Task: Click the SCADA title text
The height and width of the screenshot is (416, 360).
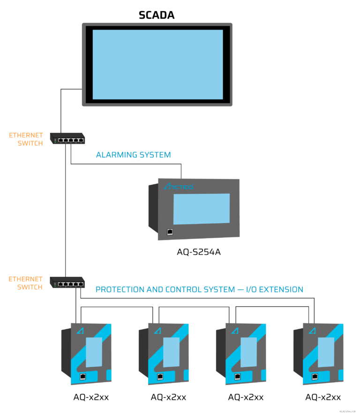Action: (x=157, y=15)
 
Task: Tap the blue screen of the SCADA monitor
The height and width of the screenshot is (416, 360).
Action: (x=157, y=65)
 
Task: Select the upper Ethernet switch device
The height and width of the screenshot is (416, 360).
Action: (x=68, y=139)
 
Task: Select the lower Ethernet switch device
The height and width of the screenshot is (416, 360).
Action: (x=68, y=282)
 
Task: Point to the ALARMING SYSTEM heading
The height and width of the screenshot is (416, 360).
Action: (x=133, y=155)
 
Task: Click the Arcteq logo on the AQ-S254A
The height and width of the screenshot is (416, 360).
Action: (x=178, y=187)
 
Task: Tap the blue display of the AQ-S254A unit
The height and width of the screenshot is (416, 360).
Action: (x=201, y=209)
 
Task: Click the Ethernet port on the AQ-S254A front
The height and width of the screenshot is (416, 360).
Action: (x=170, y=231)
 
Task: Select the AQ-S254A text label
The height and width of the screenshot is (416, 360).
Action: (x=198, y=252)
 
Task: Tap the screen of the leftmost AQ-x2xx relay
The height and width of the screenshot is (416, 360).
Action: (x=93, y=352)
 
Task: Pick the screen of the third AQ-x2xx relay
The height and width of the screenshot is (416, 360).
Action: (x=247, y=352)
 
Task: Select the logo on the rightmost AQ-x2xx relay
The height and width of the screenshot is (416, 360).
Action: (x=312, y=331)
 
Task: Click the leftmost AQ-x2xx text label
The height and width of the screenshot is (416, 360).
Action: (x=91, y=397)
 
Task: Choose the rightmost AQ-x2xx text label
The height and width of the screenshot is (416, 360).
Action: (x=323, y=397)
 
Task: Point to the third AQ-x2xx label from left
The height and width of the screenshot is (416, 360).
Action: (x=246, y=397)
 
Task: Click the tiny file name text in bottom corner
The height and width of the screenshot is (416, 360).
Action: (x=347, y=411)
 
